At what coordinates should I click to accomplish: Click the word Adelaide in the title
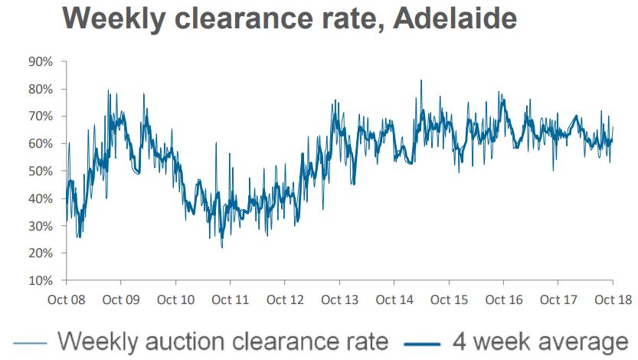454,18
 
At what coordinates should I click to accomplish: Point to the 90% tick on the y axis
41,61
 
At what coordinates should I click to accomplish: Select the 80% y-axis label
41,89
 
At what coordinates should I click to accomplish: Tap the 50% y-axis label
41,171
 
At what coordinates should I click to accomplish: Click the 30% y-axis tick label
41,226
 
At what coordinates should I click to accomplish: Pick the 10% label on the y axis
41,280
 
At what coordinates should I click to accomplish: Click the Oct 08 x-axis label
67,299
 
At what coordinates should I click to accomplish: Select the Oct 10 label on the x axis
175,299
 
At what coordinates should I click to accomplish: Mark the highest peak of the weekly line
420,80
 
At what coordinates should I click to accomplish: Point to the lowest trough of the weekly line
221,247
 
